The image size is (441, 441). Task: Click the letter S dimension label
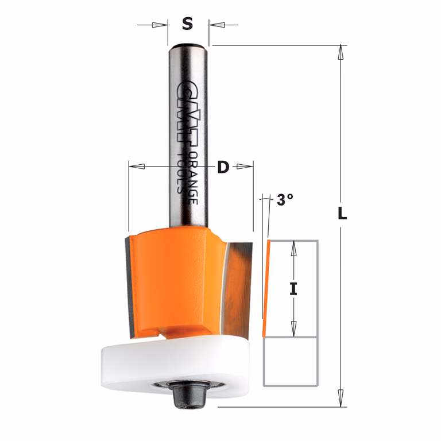coord(188,24)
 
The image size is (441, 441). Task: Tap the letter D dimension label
coord(223,167)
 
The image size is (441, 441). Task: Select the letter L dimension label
coord(342,213)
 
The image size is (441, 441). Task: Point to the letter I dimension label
coord(293,289)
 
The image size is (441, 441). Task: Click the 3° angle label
coord(285,200)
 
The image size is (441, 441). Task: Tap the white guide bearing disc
coord(175,363)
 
